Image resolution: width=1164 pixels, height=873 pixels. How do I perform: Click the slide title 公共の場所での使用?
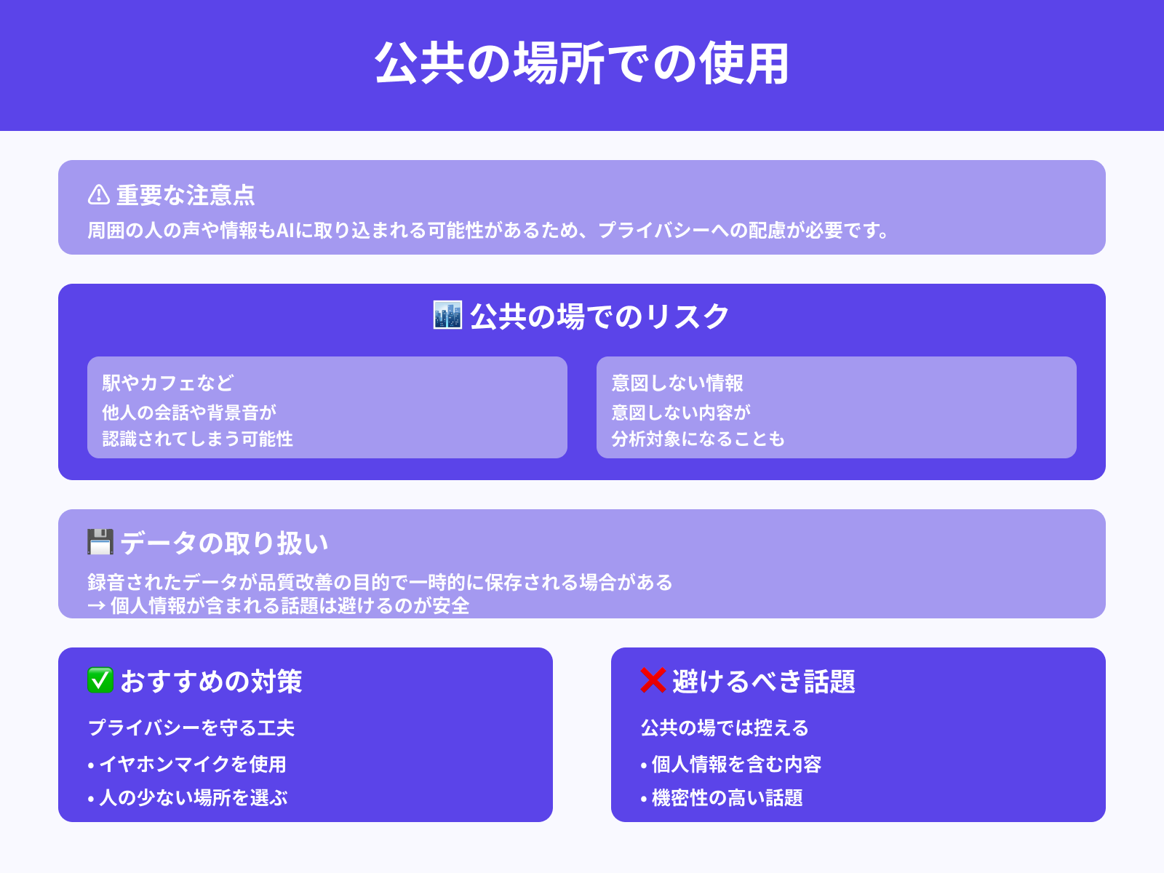point(582,64)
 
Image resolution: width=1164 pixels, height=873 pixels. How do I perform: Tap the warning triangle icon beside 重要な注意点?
point(98,195)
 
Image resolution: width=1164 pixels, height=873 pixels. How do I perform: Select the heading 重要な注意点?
point(186,195)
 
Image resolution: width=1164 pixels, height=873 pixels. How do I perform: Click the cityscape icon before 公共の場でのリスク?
point(447,316)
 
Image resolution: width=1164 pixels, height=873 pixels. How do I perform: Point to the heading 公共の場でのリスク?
point(599,316)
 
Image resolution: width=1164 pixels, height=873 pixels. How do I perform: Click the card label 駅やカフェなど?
point(168,383)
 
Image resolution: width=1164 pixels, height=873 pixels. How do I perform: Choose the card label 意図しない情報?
point(677,383)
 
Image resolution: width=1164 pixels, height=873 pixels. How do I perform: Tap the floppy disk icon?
point(100,543)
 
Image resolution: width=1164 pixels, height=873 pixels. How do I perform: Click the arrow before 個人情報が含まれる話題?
point(96,606)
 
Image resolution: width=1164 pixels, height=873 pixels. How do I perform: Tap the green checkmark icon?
point(100,681)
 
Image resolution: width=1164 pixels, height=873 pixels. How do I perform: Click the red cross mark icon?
point(653,681)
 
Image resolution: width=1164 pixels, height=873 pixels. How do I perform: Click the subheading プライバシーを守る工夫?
point(191,727)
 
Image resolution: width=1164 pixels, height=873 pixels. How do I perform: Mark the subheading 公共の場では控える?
point(725,727)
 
